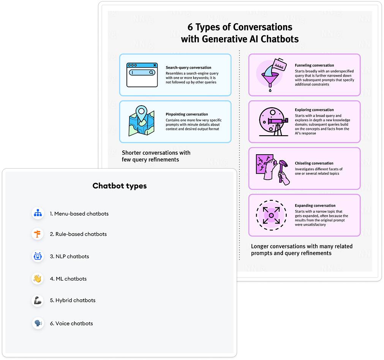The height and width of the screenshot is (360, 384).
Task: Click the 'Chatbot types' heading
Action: point(120,186)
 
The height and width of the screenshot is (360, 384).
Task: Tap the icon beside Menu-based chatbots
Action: point(38,213)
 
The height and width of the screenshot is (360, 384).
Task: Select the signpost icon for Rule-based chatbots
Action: point(38,234)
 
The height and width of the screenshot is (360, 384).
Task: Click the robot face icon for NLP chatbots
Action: point(38,256)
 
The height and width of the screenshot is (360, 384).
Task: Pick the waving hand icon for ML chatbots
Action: point(38,279)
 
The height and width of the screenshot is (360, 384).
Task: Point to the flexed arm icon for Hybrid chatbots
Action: point(38,300)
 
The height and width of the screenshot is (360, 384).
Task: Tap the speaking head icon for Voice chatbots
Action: point(38,324)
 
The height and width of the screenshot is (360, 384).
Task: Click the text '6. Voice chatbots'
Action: point(71,324)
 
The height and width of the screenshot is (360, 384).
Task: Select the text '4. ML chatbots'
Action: point(68,279)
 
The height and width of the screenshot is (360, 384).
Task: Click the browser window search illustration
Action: point(142,75)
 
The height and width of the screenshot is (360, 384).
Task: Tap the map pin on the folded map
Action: point(142,113)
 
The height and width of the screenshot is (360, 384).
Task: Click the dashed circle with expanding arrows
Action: point(271,215)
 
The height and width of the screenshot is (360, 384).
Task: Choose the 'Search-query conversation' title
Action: point(188,68)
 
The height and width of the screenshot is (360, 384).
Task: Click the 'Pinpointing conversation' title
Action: point(187,114)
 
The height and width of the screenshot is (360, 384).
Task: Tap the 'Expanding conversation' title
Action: point(315,205)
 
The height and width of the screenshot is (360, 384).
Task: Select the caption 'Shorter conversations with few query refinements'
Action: point(156,156)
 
